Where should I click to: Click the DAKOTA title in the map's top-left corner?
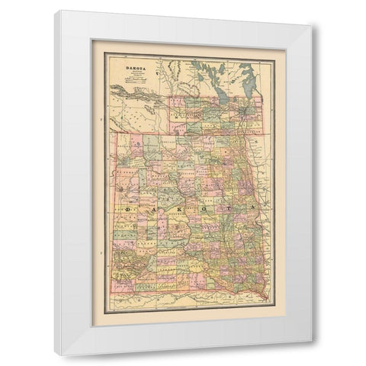pos(126,66)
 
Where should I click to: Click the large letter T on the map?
pos(226,207)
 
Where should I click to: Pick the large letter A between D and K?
pos(150,207)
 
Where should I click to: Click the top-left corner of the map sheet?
pos(104,52)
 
